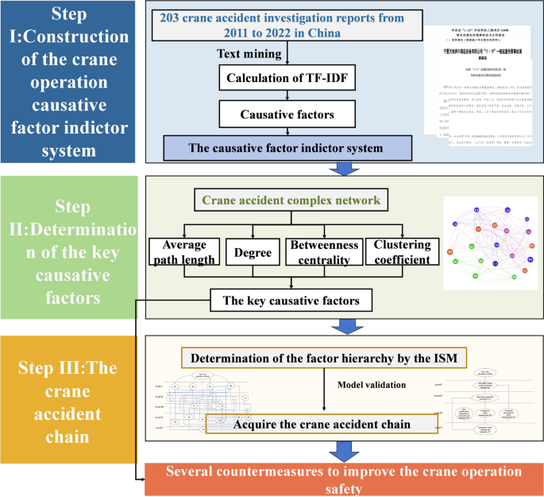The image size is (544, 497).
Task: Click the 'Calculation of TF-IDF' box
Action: click(x=288, y=80)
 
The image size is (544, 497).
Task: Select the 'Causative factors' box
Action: click(x=288, y=115)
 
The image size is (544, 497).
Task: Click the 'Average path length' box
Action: click(x=185, y=253)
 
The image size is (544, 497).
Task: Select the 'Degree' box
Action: click(x=253, y=253)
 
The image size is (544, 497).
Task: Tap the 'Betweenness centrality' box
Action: click(x=324, y=253)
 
